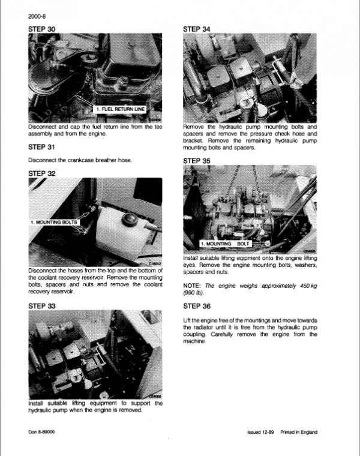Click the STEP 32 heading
[45, 173]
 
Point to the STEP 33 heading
[45, 305]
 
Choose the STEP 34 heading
[199, 28]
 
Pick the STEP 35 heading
[199, 161]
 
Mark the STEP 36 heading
[199, 305]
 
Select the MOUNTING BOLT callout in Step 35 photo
[225, 244]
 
